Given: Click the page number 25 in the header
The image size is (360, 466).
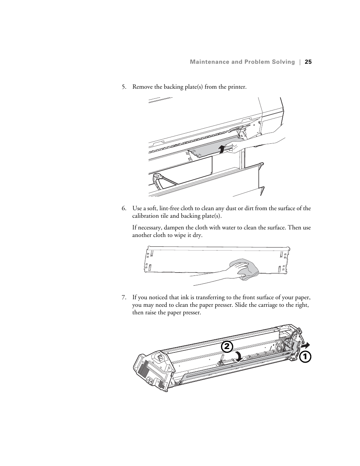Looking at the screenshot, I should [308, 62].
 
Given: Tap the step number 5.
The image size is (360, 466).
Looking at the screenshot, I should [123, 87].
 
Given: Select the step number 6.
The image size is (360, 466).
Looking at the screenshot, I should [123, 208].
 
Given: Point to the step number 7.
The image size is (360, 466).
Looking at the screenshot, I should [123, 298].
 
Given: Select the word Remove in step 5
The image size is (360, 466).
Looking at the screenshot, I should [142, 87].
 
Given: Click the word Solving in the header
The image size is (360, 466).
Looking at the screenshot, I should [283, 62].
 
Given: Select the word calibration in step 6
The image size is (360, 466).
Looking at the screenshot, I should [146, 216].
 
